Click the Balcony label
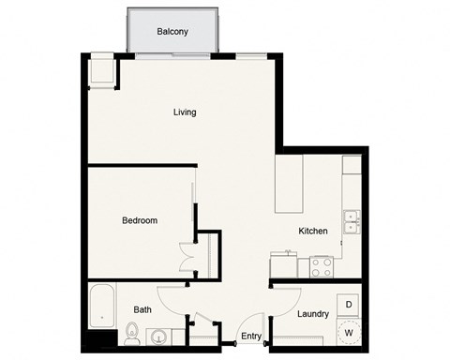tap(172, 31)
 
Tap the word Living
tap(185, 112)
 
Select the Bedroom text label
tap(140, 221)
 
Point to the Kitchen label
tap(312, 231)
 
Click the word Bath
tap(142, 309)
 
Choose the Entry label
tap(251, 336)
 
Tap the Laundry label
tap(312, 315)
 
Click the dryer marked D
tap(349, 305)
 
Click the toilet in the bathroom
tap(132, 332)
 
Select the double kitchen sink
tap(352, 222)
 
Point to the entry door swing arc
tap(225, 333)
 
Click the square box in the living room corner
tap(101, 72)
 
